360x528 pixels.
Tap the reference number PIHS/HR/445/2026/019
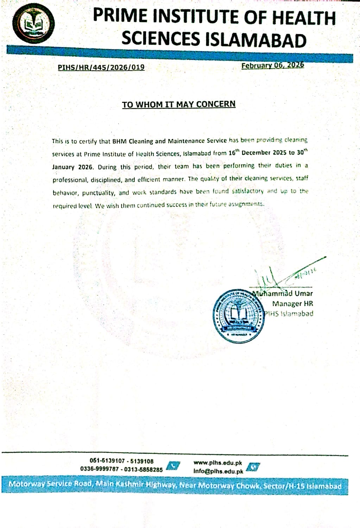pyautogui.click(x=101, y=67)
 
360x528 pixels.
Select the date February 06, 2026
pyautogui.click(x=272, y=65)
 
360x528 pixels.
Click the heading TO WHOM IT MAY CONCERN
pyautogui.click(x=178, y=105)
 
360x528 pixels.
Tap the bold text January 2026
pyautogui.click(x=73, y=167)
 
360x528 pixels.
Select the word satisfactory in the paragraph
pyautogui.click(x=248, y=191)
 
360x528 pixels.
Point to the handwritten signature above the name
pyautogui.click(x=282, y=275)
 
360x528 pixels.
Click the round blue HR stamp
pyautogui.click(x=238, y=316)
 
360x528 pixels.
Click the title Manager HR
pyautogui.click(x=292, y=303)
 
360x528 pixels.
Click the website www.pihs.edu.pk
pyautogui.click(x=218, y=463)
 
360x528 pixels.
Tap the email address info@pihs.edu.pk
pyautogui.click(x=218, y=471)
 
